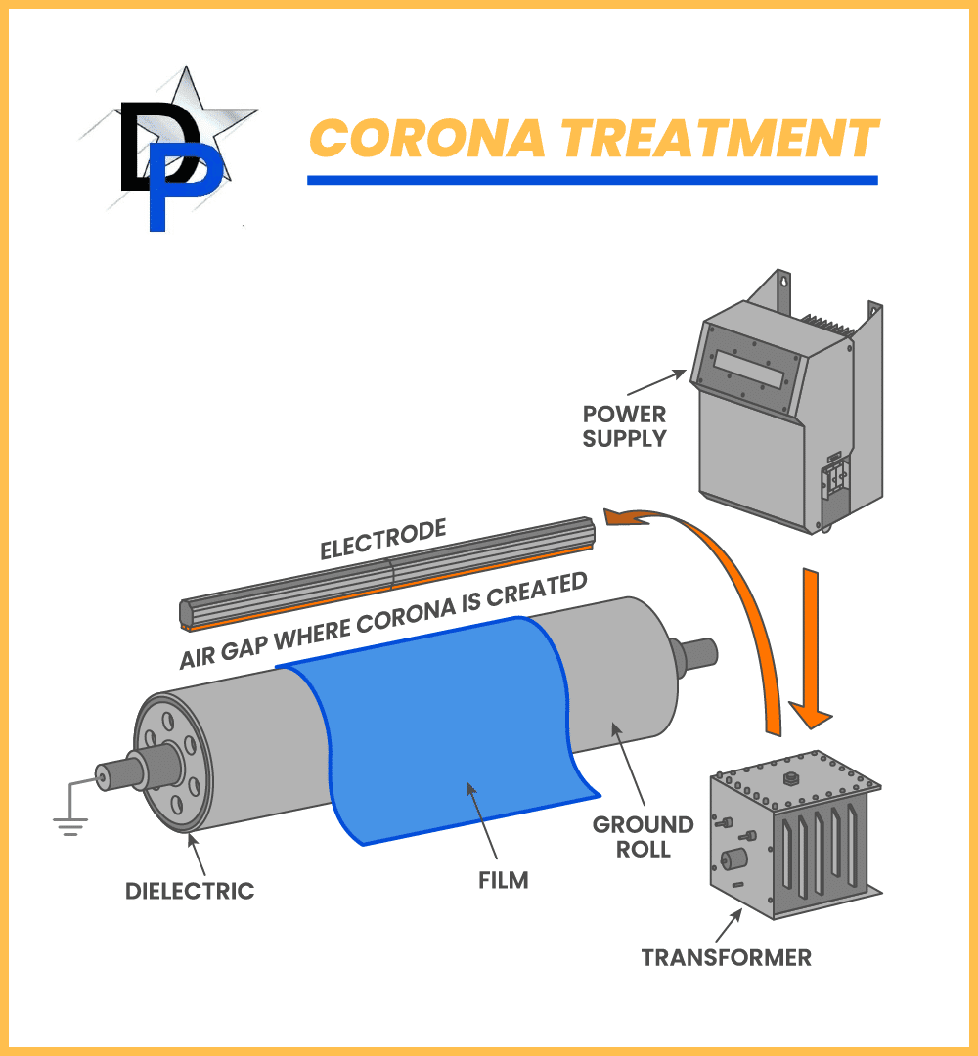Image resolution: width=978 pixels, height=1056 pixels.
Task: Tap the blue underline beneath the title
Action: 592,180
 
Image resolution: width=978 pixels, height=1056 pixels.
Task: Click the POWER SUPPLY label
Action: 624,426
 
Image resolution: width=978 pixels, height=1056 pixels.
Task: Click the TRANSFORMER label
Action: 727,956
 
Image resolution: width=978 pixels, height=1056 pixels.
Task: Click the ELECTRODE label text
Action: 382,540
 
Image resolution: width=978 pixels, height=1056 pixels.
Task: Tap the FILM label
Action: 504,880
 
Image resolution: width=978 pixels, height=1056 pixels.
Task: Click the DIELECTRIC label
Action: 190,891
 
